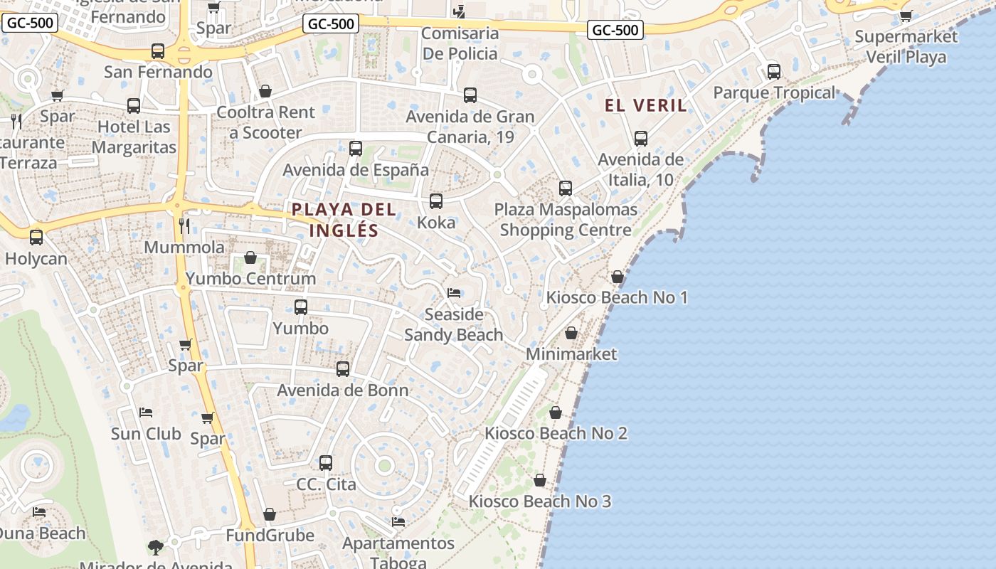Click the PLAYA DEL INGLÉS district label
pyautogui.click(x=344, y=220)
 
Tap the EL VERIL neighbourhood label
pyautogui.click(x=646, y=106)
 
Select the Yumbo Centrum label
pyautogui.click(x=250, y=278)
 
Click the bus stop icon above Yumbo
pyautogui.click(x=301, y=307)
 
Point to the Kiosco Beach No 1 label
pyautogui.click(x=617, y=297)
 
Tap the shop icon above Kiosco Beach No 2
pyautogui.click(x=556, y=413)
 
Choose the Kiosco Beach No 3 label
pyautogui.click(x=539, y=501)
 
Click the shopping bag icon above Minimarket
pyautogui.click(x=571, y=333)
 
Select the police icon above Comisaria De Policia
pyautogui.click(x=460, y=11)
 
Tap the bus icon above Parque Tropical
pyautogui.click(x=774, y=72)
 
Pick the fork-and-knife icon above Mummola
pyautogui.click(x=184, y=226)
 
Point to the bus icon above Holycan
pyautogui.click(x=36, y=238)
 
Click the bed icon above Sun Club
pyautogui.click(x=146, y=413)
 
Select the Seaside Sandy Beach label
pyautogui.click(x=453, y=324)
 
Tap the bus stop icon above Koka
pyautogui.click(x=436, y=201)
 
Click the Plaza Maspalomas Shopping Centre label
pyautogui.click(x=566, y=220)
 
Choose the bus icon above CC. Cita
pyautogui.click(x=326, y=463)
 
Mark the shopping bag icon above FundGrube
pyautogui.click(x=270, y=514)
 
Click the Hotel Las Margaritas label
pyautogui.click(x=134, y=137)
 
